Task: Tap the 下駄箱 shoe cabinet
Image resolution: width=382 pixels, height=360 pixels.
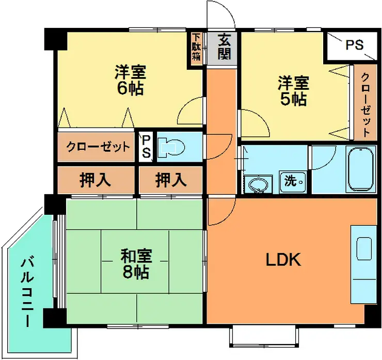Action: [x=196, y=48]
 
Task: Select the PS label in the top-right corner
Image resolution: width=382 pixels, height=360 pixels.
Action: [x=354, y=45]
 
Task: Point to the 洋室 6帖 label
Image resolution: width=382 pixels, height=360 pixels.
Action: [x=130, y=79]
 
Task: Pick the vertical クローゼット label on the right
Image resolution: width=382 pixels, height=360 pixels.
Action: [x=364, y=104]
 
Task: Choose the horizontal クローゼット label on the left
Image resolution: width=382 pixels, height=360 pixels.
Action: [x=98, y=147]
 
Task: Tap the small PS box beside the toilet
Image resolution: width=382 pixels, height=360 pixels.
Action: [x=146, y=147]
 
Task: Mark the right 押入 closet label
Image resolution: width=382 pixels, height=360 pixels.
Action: [x=170, y=180]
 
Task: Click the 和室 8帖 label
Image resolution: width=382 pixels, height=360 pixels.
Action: [x=135, y=263]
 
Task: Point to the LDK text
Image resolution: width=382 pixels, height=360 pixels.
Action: [x=283, y=260]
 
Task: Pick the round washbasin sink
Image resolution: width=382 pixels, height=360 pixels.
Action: [x=258, y=184]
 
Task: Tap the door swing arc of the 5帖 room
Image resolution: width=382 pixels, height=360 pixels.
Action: [x=253, y=121]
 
